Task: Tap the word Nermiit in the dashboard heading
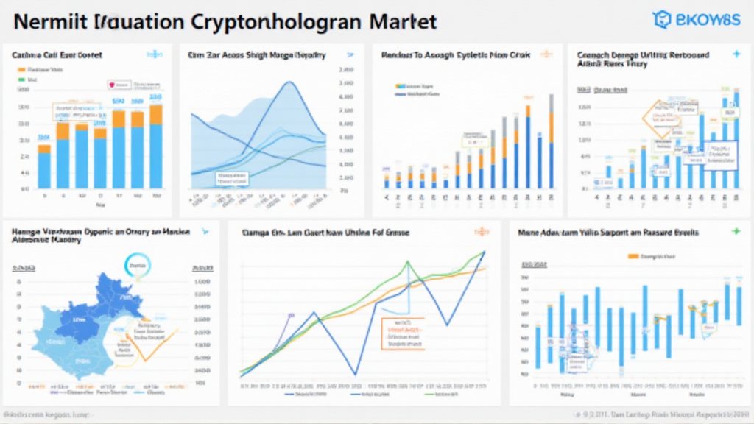46,21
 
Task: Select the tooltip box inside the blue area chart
233,177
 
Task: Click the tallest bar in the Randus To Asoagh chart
527,146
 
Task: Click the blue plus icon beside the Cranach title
736,54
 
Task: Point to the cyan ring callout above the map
138,265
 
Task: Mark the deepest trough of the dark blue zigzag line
356,374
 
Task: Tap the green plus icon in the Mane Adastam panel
736,232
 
